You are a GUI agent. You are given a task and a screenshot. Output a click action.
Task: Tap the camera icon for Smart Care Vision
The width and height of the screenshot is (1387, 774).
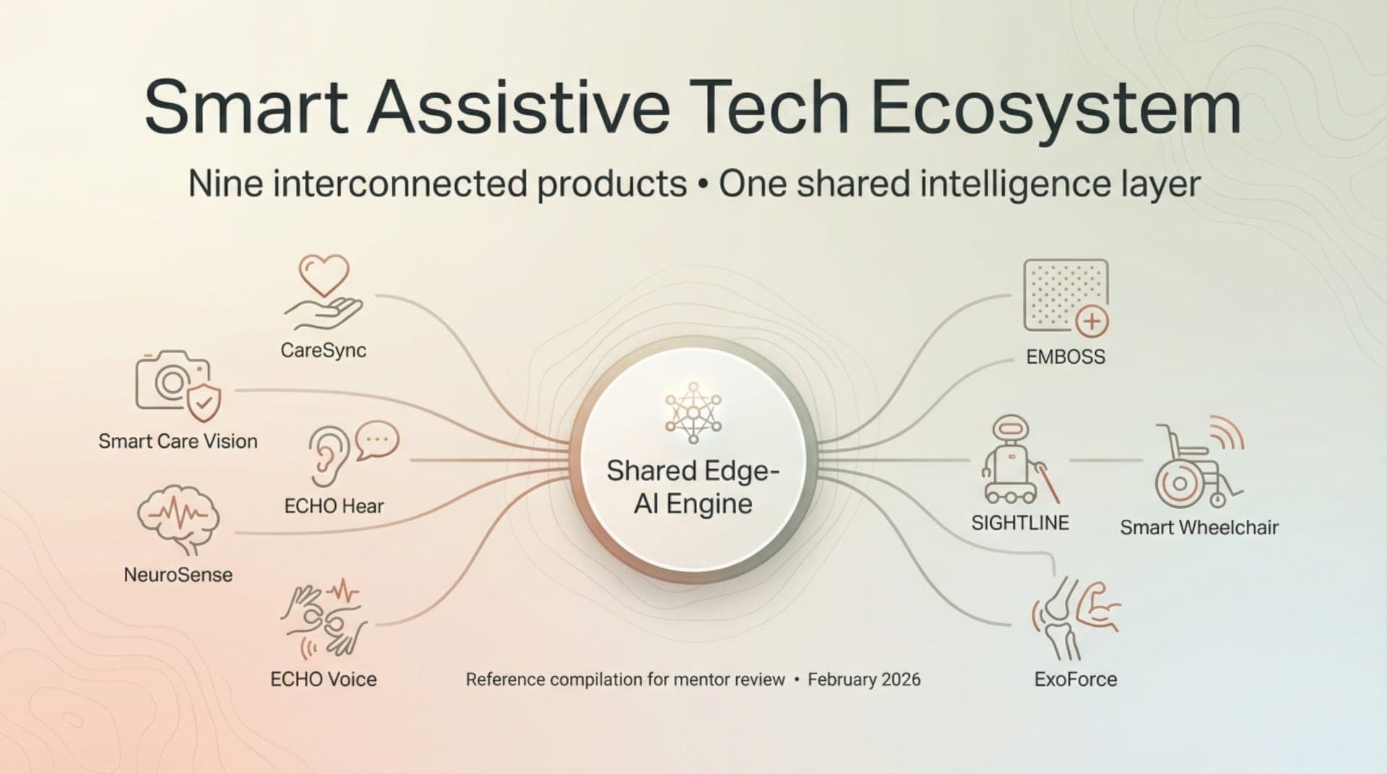pyautogui.click(x=172, y=381)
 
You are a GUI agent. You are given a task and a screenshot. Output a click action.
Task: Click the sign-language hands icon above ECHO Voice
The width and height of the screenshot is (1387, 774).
pyautogui.click(x=324, y=620)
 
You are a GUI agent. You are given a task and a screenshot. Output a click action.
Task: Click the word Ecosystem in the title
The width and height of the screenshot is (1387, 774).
pyautogui.click(x=1056, y=108)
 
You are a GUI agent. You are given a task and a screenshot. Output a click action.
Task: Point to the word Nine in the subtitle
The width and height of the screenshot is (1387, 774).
pyautogui.click(x=225, y=184)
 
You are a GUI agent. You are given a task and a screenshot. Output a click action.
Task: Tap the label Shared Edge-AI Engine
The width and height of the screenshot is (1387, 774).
pyautogui.click(x=693, y=487)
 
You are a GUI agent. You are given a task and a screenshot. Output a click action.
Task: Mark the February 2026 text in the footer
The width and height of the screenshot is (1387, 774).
pyautogui.click(x=864, y=679)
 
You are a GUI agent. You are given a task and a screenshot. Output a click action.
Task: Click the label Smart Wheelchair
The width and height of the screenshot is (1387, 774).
pyautogui.click(x=1199, y=528)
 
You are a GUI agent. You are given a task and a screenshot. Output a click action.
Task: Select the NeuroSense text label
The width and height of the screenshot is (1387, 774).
pyautogui.click(x=178, y=575)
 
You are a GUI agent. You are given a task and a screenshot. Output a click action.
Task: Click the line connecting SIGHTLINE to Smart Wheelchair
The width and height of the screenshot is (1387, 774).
pyautogui.click(x=1105, y=460)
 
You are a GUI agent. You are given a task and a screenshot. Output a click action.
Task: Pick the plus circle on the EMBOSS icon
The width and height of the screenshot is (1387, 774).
pyautogui.click(x=1092, y=321)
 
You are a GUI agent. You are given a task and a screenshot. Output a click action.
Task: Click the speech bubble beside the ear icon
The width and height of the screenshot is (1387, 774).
pyautogui.click(x=377, y=440)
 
